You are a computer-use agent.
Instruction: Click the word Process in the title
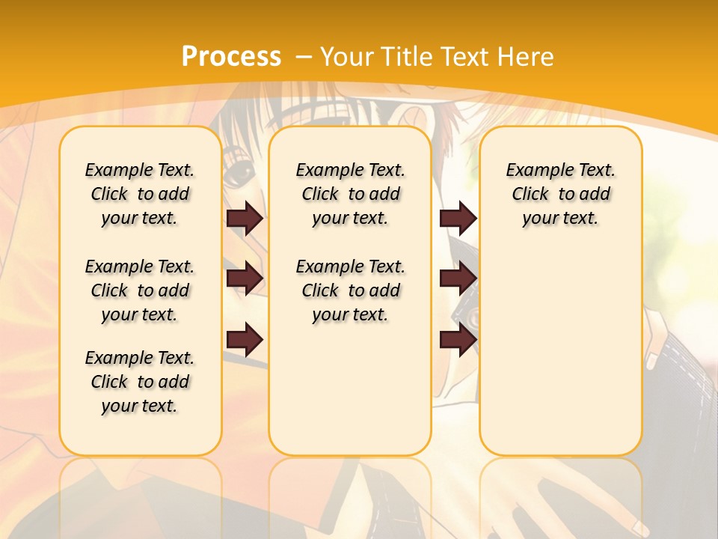231,56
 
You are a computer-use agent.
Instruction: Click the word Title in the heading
408,57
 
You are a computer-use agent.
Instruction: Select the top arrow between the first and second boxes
245,219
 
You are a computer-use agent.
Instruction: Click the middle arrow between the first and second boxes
245,279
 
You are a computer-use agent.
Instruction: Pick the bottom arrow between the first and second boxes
245,341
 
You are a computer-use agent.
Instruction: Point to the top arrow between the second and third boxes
458,219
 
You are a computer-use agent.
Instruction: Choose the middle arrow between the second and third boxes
458,279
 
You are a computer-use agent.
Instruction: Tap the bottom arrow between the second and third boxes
458,341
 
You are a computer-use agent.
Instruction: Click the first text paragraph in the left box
140,194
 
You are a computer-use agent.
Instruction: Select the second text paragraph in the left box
140,290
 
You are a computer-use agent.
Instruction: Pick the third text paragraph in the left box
140,382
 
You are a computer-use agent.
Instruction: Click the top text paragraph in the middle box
350,194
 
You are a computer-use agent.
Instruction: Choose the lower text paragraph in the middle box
350,290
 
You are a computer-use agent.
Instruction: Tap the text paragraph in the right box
560,194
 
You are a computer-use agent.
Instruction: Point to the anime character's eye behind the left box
240,176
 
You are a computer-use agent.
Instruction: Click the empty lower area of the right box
560,359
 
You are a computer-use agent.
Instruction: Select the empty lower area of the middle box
350,389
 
